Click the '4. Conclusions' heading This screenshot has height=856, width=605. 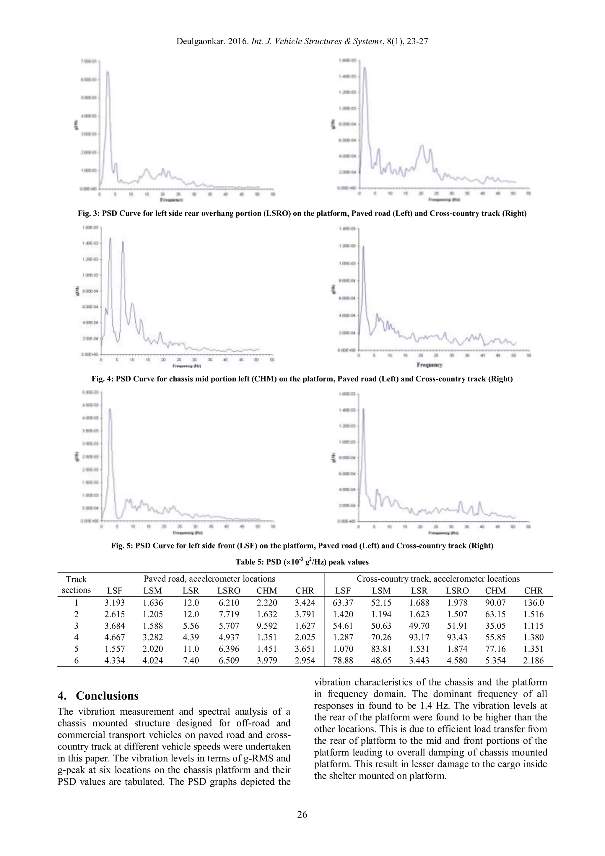click(98, 696)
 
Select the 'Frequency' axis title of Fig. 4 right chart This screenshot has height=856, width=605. click(430, 364)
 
